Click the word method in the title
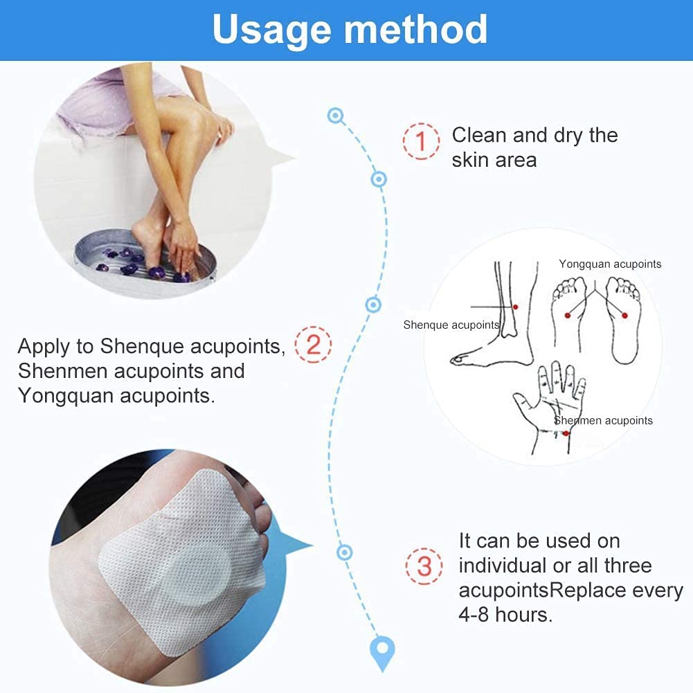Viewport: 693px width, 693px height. (x=416, y=28)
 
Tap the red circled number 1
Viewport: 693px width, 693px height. (x=421, y=141)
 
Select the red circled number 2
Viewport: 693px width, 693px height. (x=313, y=345)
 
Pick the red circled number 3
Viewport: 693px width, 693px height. (x=424, y=566)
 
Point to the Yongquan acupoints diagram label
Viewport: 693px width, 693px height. (x=610, y=264)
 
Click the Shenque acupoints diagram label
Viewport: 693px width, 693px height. (x=451, y=325)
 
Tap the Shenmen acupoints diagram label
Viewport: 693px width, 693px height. (x=603, y=420)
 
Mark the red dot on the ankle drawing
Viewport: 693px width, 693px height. (x=515, y=307)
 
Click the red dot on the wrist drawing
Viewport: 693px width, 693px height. (x=566, y=433)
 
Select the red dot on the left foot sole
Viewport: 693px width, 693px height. (x=568, y=315)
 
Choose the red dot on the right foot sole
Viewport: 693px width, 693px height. (x=624, y=315)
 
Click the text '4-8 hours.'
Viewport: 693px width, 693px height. (x=505, y=615)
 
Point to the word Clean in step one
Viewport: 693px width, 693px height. (x=479, y=135)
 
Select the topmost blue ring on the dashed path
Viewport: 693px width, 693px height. (x=336, y=116)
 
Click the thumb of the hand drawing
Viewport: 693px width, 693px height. (x=523, y=402)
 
